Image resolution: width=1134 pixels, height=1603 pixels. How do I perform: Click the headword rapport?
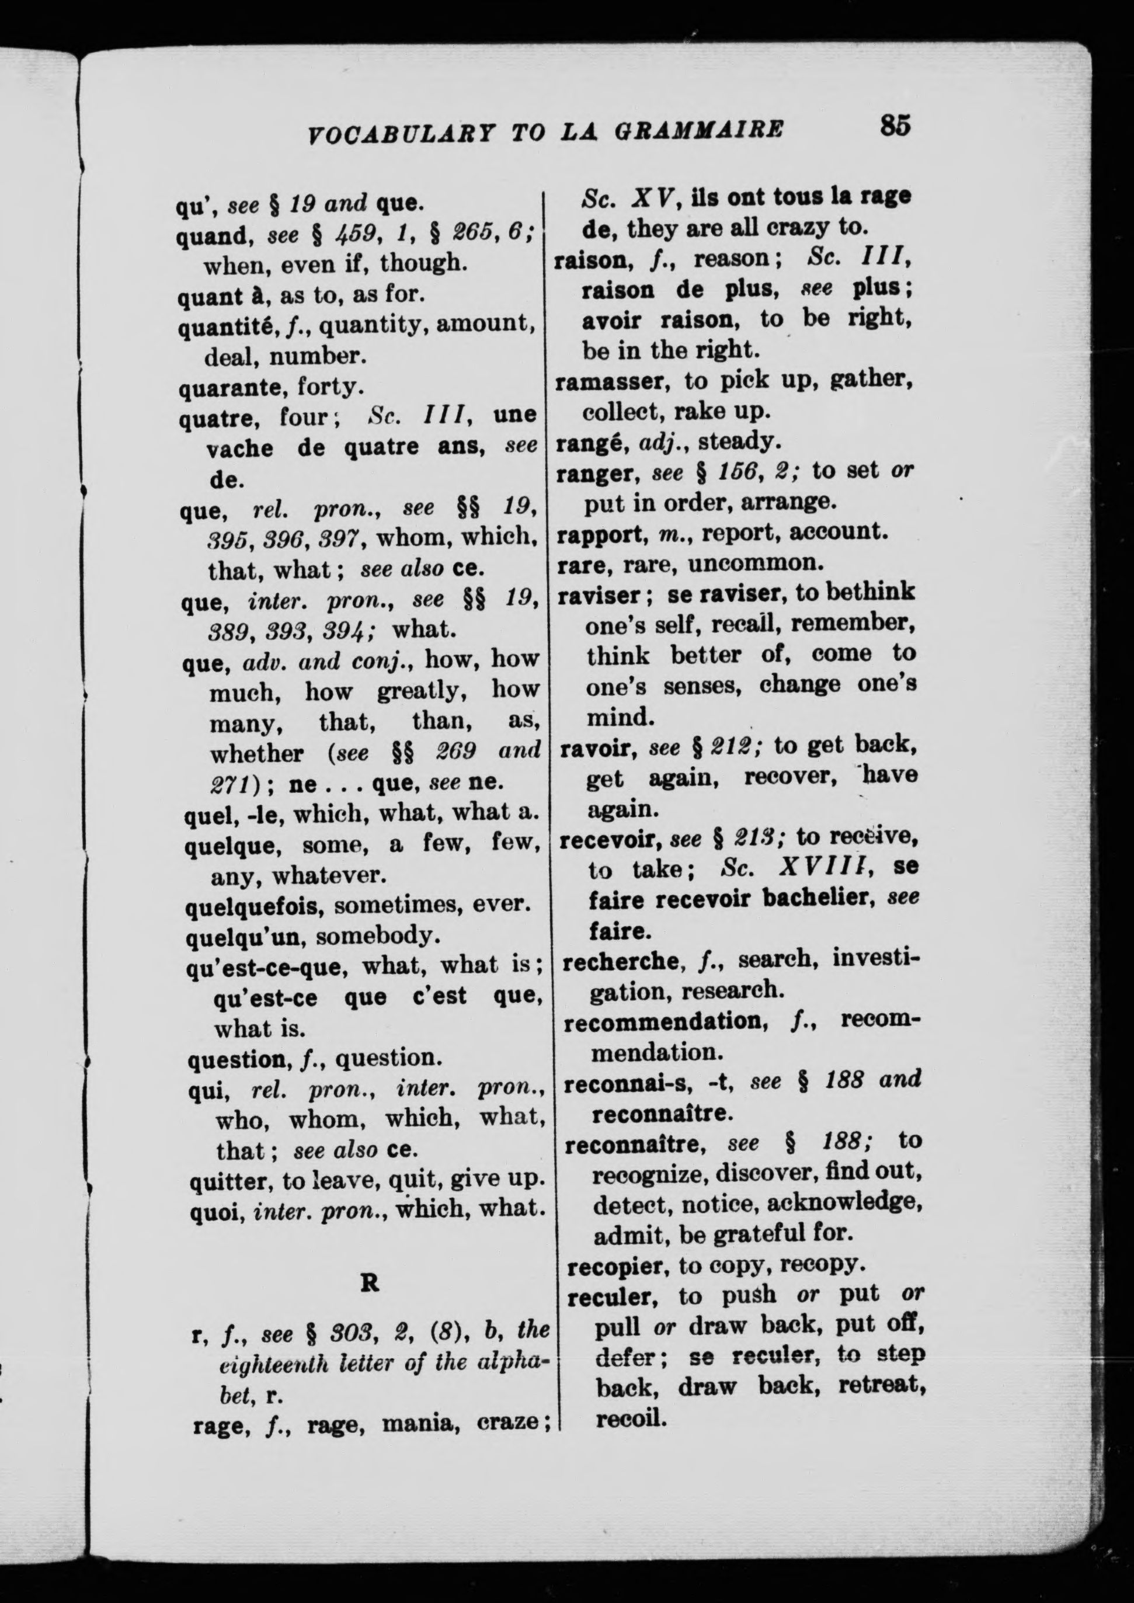[600, 533]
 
